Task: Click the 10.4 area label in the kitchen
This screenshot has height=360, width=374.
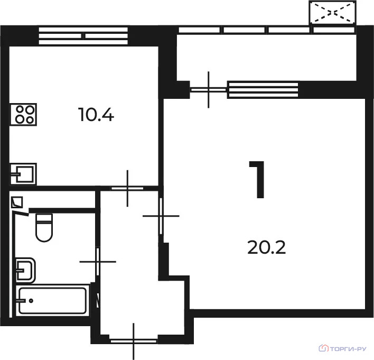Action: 96,115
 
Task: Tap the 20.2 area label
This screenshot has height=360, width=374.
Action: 266,247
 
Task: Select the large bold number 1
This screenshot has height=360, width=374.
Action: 257,180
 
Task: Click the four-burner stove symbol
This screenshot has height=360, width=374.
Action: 23,115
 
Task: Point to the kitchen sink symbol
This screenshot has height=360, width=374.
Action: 23,174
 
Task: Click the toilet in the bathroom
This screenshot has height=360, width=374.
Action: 44,228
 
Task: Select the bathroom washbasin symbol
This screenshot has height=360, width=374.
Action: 25,270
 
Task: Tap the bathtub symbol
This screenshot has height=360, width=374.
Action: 52,301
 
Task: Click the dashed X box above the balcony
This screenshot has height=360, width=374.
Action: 332,12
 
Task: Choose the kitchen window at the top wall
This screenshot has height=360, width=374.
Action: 83,36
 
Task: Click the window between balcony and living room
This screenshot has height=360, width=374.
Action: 263,90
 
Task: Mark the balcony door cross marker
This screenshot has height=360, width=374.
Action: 209,90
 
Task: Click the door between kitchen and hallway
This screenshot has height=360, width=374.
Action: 128,188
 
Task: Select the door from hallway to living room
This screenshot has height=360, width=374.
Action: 161,216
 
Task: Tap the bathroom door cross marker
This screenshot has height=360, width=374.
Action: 98,262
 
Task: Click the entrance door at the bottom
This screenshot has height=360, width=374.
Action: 134,341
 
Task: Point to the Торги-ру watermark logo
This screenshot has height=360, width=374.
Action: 342,348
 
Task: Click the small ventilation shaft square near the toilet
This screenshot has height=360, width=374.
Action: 17,202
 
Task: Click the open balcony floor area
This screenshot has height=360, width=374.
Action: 266,57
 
